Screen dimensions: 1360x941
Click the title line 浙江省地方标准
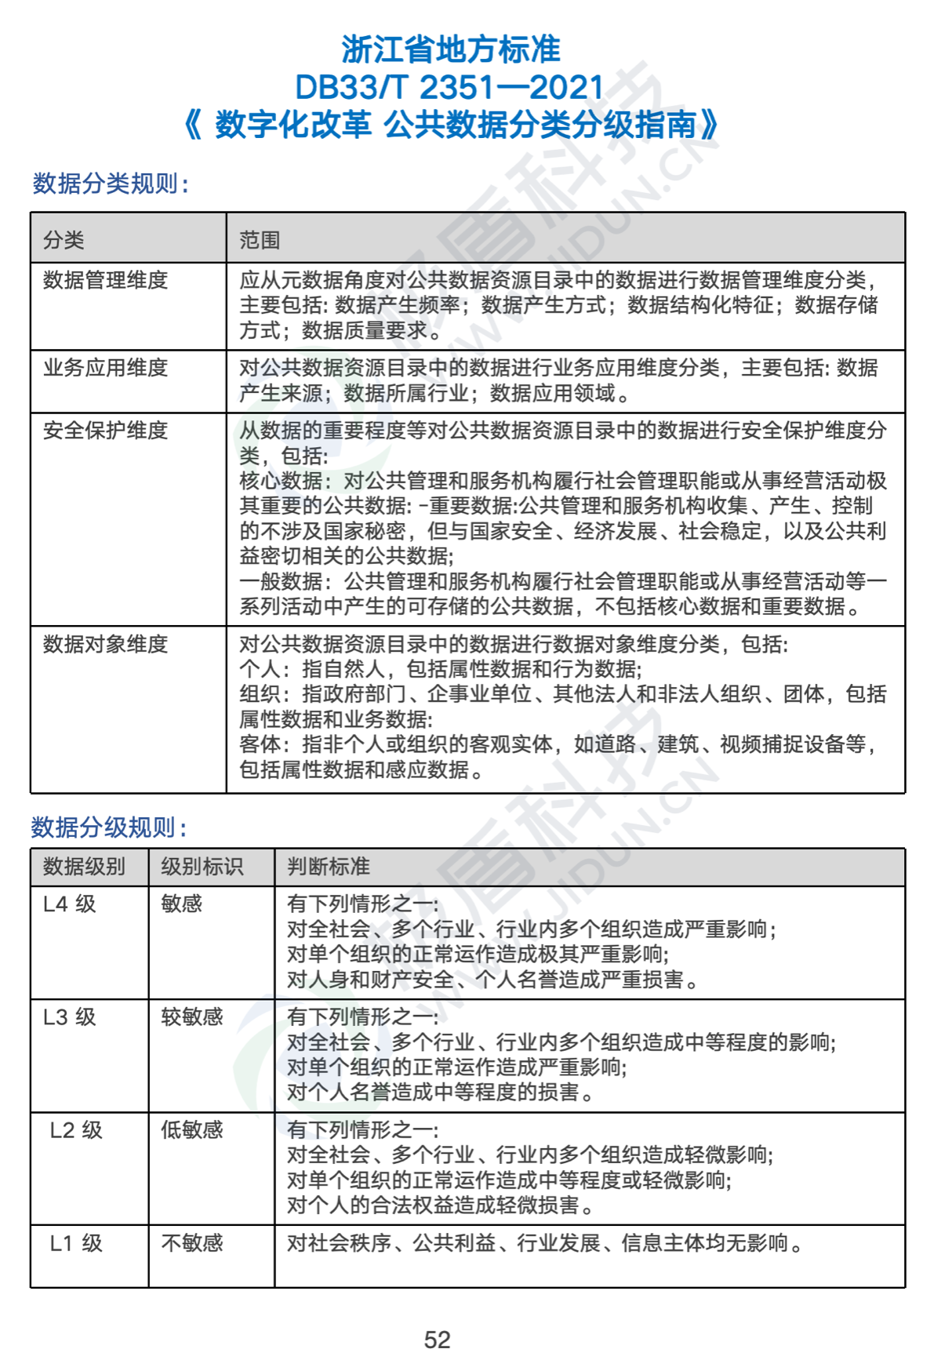(451, 49)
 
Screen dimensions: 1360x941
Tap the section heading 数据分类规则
(111, 184)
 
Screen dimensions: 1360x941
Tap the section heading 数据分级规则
(109, 827)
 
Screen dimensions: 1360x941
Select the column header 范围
(260, 240)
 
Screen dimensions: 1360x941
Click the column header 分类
(64, 240)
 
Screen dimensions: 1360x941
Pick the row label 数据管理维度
(105, 280)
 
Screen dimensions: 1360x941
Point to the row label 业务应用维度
(105, 368)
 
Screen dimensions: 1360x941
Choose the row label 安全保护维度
(105, 431)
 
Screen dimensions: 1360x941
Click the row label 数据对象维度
(105, 644)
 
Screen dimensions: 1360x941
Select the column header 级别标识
(202, 867)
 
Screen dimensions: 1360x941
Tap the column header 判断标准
(329, 867)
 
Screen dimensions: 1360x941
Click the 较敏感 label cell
(192, 1017)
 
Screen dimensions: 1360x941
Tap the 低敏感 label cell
(192, 1130)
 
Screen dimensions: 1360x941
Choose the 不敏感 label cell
(192, 1243)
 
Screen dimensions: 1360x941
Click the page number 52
(438, 1340)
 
